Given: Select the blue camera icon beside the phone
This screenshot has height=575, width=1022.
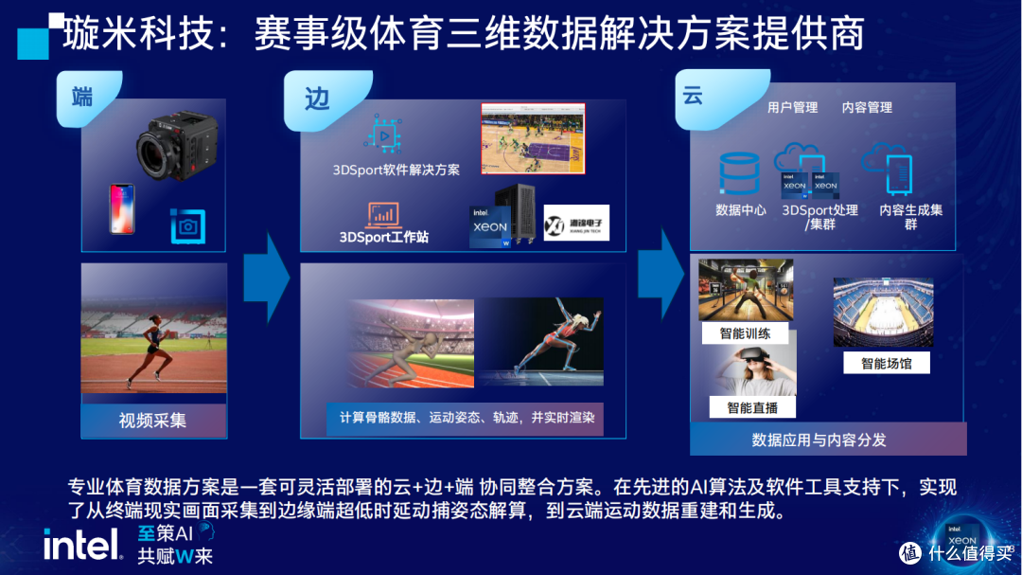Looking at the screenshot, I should pyautogui.click(x=187, y=225).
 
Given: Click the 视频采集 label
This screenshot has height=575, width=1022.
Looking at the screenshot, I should pyautogui.click(x=152, y=421).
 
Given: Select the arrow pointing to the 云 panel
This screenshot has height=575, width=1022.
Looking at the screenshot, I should pyautogui.click(x=661, y=274).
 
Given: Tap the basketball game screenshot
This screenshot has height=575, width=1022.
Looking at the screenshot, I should pyautogui.click(x=532, y=138).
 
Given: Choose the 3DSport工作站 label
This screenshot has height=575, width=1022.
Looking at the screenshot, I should pyautogui.click(x=384, y=237).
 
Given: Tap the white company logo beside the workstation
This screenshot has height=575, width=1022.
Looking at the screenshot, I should pyautogui.click(x=576, y=224).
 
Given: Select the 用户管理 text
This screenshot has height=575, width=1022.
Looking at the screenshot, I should pyautogui.click(x=792, y=108).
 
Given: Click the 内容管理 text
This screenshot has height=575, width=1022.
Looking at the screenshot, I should pyautogui.click(x=867, y=108).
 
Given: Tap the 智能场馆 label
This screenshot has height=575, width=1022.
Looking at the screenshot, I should pyautogui.click(x=886, y=363).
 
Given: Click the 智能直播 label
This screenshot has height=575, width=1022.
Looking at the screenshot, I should pyautogui.click(x=752, y=407).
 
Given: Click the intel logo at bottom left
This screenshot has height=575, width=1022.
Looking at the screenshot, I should pyautogui.click(x=82, y=544).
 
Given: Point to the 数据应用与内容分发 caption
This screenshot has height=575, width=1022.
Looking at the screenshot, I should pyautogui.click(x=819, y=440).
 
